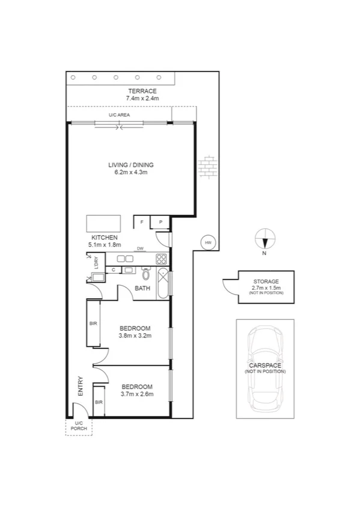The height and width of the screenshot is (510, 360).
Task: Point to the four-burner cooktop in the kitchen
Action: pyautogui.click(x=161, y=259)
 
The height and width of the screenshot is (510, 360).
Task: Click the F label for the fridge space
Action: pyautogui.click(x=142, y=223)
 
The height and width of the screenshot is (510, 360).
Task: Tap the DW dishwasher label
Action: pyautogui.click(x=139, y=248)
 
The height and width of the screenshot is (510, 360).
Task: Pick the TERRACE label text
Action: pyautogui.click(x=142, y=91)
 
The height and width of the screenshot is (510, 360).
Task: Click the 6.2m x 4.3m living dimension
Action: pyautogui.click(x=131, y=172)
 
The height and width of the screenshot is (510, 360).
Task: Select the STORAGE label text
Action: pyautogui.click(x=266, y=281)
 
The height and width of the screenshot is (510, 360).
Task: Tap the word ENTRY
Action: pyautogui.click(x=80, y=386)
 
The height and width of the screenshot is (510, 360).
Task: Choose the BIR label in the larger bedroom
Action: pyautogui.click(x=93, y=324)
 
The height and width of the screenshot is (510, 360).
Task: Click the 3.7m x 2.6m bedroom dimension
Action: pyautogui.click(x=137, y=394)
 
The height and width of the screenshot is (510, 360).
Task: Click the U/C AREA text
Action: pyautogui.click(x=119, y=114)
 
